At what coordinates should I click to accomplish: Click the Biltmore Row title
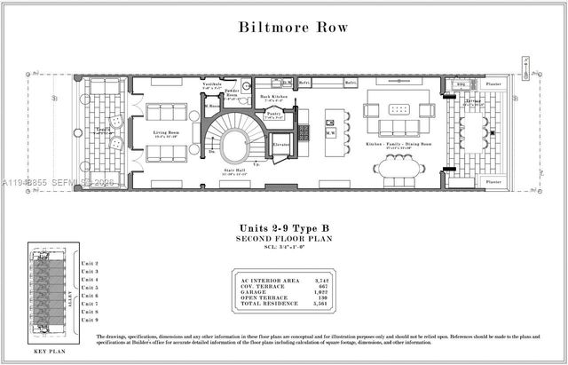pyautogui.click(x=293, y=26)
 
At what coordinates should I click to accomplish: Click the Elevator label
pyautogui.click(x=282, y=143)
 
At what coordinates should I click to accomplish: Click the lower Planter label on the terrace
pyautogui.click(x=493, y=181)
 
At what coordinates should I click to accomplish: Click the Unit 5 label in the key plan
pyautogui.click(x=89, y=288)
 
